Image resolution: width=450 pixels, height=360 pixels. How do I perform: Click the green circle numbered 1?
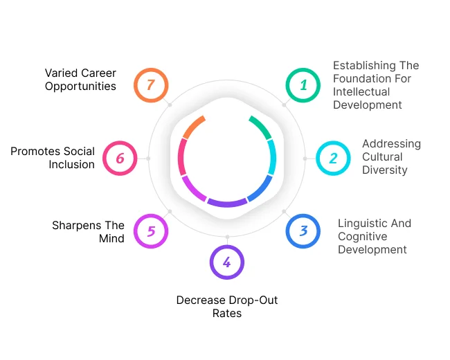(x=303, y=85)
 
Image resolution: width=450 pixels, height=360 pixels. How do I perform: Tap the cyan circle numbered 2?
(x=333, y=158)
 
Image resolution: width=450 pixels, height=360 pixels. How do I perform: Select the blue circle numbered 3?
(x=303, y=231)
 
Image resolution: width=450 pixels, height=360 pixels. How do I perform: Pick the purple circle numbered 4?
(x=226, y=262)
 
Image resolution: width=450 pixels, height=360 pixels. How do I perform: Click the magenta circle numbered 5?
(x=151, y=231)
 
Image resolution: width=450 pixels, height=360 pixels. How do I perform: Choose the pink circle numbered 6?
(x=120, y=159)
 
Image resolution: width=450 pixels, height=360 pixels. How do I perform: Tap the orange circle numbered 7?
(x=150, y=85)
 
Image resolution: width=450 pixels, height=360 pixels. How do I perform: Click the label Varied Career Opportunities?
(x=80, y=79)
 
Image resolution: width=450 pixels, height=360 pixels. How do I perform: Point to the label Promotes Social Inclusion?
(x=53, y=158)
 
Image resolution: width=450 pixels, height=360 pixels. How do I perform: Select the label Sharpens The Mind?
(x=88, y=231)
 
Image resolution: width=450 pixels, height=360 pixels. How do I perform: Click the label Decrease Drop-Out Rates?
(x=226, y=307)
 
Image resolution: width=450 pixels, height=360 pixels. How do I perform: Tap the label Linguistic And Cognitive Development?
(x=374, y=236)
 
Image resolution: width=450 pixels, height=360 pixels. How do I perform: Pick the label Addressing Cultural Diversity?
(x=391, y=156)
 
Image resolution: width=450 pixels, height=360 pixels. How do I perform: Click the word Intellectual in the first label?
(x=361, y=91)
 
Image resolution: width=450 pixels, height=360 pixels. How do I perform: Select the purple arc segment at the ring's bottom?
(x=226, y=203)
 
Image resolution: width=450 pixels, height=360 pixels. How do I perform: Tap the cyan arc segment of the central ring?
(x=272, y=157)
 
